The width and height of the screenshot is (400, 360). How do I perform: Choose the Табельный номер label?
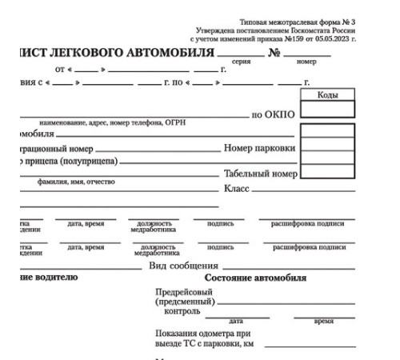click(x=261, y=174)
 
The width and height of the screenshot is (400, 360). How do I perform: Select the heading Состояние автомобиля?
click(x=266, y=278)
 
